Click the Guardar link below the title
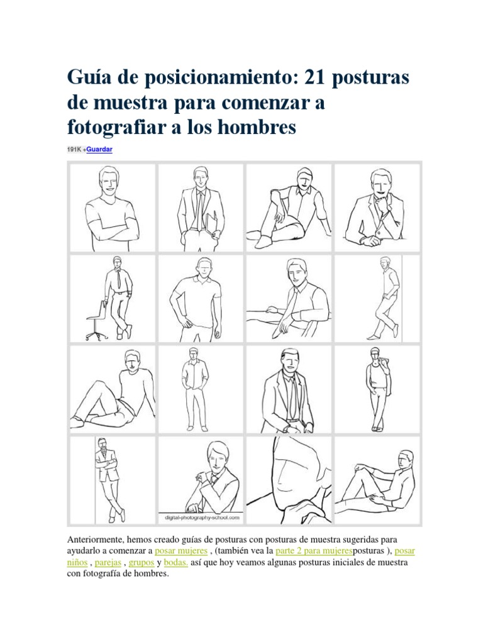(x=99, y=150)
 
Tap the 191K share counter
(x=74, y=150)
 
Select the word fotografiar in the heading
(x=116, y=127)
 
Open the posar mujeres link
(x=181, y=551)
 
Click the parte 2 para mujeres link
(x=314, y=551)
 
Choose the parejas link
(x=108, y=562)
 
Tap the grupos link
(x=142, y=562)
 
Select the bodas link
(x=176, y=562)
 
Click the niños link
(x=77, y=562)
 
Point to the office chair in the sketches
(x=97, y=320)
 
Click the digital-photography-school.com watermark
(x=202, y=518)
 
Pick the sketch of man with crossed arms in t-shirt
(x=112, y=208)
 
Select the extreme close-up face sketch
(x=289, y=480)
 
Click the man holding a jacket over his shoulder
(x=378, y=389)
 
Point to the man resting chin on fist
(x=377, y=208)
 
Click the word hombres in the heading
(x=257, y=127)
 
